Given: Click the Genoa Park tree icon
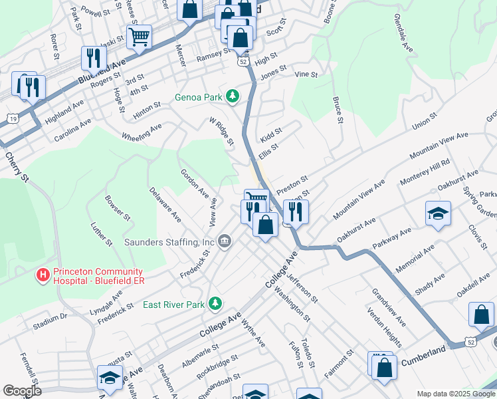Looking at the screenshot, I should pos(233,97).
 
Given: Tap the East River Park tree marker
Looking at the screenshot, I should pos(215,305).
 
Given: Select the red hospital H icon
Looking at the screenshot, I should pos(43,274).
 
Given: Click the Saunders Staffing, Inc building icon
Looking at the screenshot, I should pos(225,240).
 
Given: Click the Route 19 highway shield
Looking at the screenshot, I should pos(12,118).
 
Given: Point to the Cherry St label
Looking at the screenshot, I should pos(18,168).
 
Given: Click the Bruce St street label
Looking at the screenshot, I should pos(338,110).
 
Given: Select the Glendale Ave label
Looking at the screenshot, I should pos(404,33).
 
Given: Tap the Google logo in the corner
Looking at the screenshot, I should pos(22,391).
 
